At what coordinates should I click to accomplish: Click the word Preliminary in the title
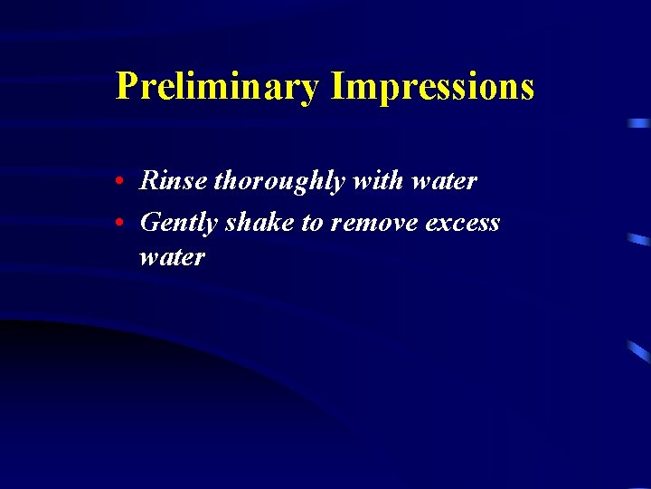pyautogui.click(x=218, y=87)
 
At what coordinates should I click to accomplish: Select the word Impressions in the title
pyautogui.click(x=432, y=87)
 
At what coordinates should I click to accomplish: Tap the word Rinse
pyautogui.click(x=174, y=181)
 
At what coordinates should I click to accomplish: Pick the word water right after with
pyautogui.click(x=443, y=182)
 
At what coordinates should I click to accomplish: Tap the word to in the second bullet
pyautogui.click(x=312, y=223)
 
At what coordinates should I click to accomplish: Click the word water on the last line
pyautogui.click(x=172, y=257)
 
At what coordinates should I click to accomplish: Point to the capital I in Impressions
pyautogui.click(x=338, y=86)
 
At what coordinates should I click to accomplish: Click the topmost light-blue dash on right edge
pyautogui.click(x=639, y=122)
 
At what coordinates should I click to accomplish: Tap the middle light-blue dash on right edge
pyautogui.click(x=639, y=240)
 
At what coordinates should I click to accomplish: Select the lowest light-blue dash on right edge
pyautogui.click(x=639, y=352)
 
